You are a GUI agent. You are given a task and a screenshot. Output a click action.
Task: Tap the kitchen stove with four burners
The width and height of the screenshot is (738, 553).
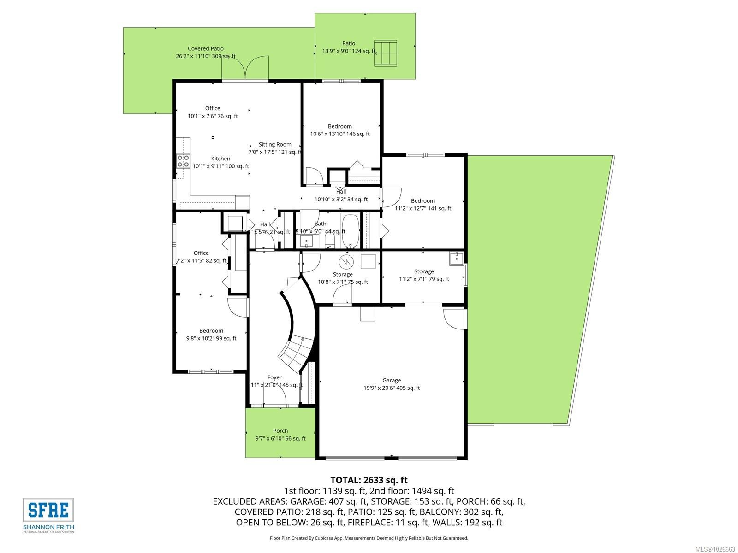click(x=183, y=161)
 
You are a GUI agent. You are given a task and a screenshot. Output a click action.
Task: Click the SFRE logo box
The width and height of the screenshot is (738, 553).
click(x=48, y=510)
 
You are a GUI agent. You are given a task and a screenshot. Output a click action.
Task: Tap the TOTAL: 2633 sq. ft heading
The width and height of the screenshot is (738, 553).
click(x=369, y=480)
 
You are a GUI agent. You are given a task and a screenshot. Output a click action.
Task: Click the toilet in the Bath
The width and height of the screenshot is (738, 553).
click(x=330, y=240)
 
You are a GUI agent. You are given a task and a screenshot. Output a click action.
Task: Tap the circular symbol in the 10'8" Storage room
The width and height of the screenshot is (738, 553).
click(x=345, y=262)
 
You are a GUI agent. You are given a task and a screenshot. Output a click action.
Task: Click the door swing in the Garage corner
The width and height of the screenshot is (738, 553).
click(x=454, y=318)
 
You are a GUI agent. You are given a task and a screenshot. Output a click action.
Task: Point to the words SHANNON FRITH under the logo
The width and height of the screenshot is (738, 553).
click(x=48, y=527)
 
